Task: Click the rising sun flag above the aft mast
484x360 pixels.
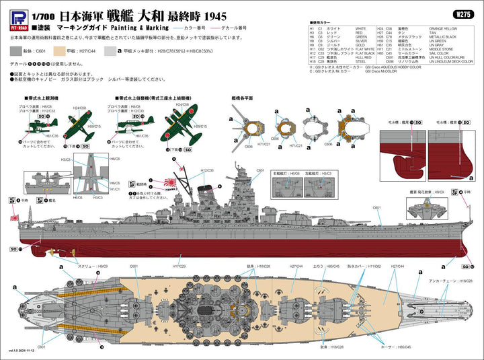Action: click(x=166, y=182)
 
